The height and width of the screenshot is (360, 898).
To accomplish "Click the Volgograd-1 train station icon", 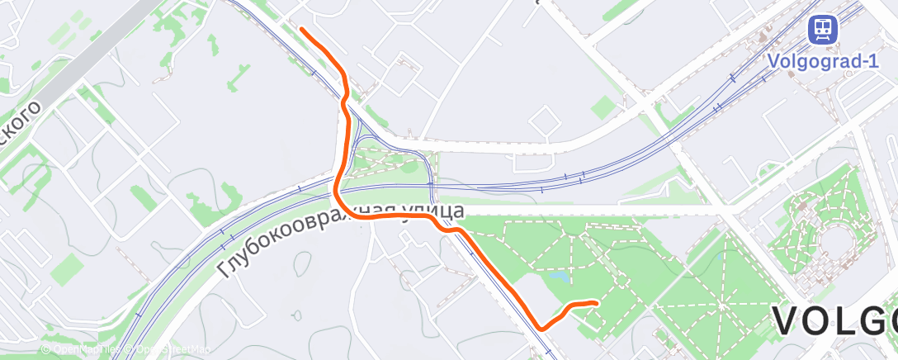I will click(822, 31).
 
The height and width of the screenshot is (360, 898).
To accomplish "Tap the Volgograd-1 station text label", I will click(822, 60).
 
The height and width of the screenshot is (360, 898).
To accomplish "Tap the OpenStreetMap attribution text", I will click(171, 349).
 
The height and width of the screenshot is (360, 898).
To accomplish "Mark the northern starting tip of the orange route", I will click(302, 30).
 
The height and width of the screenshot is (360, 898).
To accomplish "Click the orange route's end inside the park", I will click(595, 303).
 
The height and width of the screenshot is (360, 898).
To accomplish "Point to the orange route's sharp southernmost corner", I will click(541, 328).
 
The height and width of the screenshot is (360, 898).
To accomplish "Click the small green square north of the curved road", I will click(603, 107).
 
